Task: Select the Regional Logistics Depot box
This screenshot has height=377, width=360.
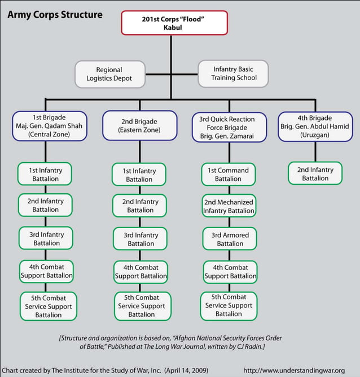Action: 109,74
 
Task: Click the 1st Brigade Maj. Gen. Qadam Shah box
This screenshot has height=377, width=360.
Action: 50,126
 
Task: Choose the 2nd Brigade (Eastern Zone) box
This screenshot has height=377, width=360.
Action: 139,126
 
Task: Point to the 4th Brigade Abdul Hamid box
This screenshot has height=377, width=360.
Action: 315,126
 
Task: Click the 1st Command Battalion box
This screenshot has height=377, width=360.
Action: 228,175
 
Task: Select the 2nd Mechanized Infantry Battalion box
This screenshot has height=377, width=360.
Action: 228,206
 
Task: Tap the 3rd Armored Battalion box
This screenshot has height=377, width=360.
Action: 228,239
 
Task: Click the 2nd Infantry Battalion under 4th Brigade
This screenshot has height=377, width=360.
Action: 315,174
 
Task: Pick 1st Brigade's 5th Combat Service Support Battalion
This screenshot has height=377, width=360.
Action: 48,306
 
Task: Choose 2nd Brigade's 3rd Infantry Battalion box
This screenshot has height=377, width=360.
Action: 139,239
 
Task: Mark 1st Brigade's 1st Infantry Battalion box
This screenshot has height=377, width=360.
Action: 46,174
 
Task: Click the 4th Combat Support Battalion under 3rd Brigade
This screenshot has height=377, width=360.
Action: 228,272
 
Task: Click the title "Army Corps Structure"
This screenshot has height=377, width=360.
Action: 55,14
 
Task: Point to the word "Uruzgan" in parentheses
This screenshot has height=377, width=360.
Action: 315,135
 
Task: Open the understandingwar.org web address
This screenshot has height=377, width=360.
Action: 293,370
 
